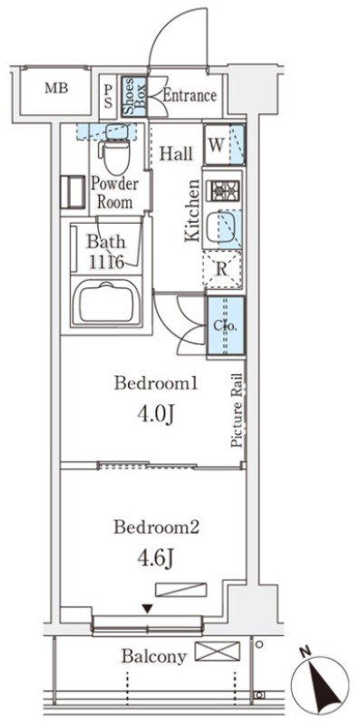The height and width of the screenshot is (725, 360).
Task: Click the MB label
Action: coord(56,88)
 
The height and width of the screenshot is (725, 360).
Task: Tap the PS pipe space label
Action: coord(108,96)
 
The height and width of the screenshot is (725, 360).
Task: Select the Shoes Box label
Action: coord(134,96)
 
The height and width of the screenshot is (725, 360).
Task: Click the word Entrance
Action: coord(190,96)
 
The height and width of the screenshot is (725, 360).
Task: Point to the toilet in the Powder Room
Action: coord(114,150)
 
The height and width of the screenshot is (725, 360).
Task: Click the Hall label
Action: coord(176,153)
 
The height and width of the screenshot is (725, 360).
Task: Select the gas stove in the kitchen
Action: coord(226,190)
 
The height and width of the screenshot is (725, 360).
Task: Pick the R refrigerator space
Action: coord(222,270)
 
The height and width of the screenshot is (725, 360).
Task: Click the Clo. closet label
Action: coord(225,325)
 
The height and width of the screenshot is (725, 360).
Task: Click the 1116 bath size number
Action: coord(107,263)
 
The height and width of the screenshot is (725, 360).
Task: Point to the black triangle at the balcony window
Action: coord(147,610)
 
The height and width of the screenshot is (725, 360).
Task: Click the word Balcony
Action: coord(154,656)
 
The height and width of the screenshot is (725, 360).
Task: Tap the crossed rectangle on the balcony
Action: coord(217,651)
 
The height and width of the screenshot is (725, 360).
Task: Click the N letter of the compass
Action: coord(305,652)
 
